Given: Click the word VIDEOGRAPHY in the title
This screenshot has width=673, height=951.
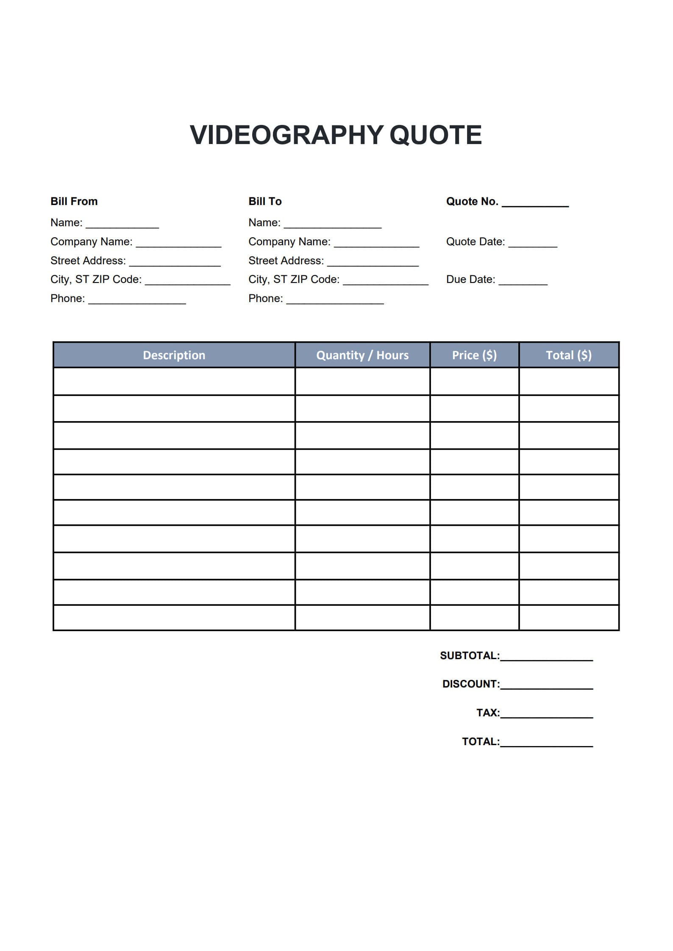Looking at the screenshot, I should coord(286,135).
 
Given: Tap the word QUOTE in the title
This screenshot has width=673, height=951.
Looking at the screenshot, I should coord(435,135).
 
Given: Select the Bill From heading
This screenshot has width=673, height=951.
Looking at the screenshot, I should coord(74,201).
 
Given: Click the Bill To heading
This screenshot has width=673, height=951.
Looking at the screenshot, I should coord(265,201).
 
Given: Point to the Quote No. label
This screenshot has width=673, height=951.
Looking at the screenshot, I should coord(472,201).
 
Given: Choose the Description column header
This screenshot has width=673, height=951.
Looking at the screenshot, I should coord(174,355).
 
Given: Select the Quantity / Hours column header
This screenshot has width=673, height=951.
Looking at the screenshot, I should coord(362,355).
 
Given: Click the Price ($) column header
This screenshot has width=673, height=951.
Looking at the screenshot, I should coord(474,355).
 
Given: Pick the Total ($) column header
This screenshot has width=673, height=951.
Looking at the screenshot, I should coord(569,355).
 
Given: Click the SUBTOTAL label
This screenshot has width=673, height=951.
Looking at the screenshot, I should coord(470,656).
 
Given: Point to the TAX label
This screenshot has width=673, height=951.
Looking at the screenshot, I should coord(488,713).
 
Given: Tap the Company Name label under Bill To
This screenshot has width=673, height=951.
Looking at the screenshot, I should coord(289,241).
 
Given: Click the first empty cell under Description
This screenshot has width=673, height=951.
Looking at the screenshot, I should coord(174,381).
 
